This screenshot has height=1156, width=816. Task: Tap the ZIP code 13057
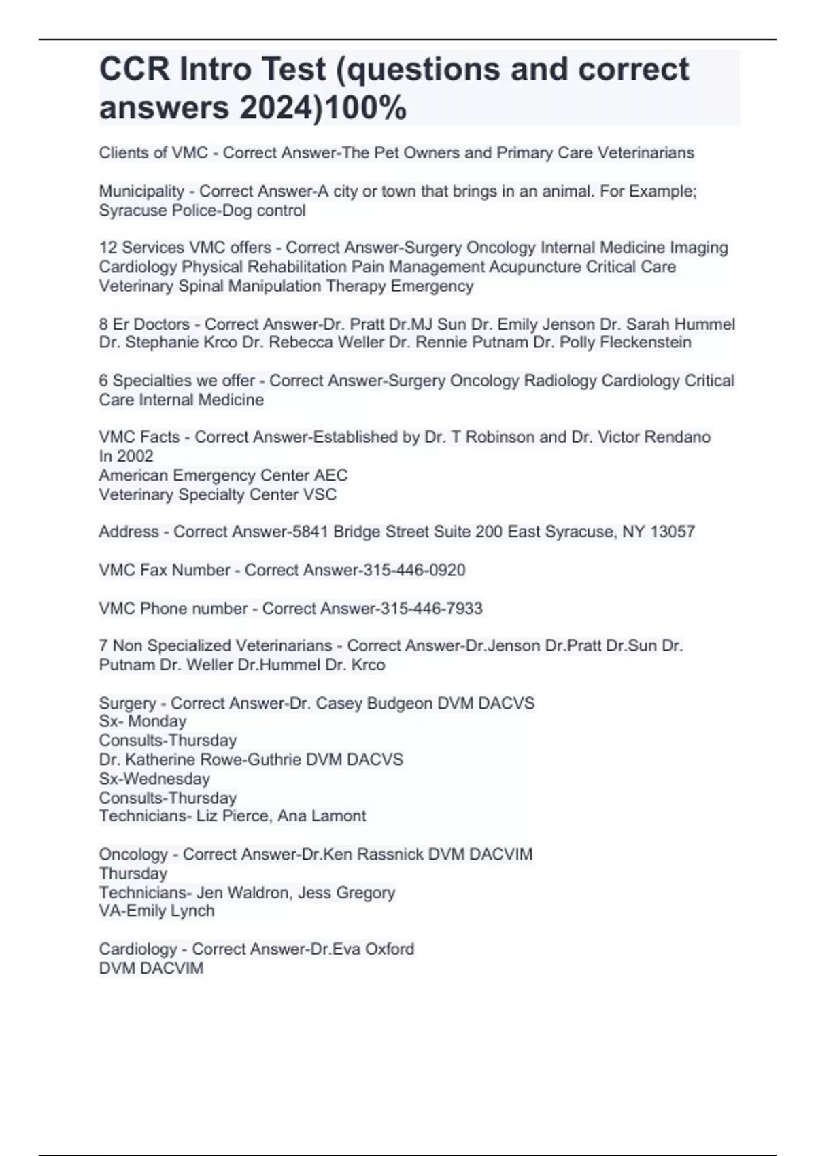[x=673, y=531]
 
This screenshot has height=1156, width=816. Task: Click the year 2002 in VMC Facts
[x=135, y=456]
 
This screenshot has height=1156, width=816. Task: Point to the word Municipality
[x=141, y=191]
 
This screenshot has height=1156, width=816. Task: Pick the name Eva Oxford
[x=373, y=949]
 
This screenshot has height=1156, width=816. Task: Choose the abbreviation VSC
[x=320, y=494]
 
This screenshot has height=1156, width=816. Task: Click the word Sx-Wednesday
[x=154, y=778]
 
